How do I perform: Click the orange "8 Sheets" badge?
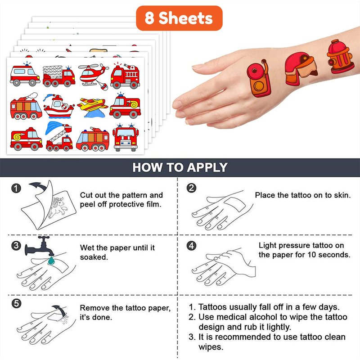tap(179, 18)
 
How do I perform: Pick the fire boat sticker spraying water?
tap(59, 106)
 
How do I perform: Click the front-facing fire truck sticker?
tap(126, 137)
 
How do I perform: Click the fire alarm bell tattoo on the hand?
tap(259, 78)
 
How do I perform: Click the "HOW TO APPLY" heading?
tap(180, 167)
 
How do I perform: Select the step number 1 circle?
tap(16, 189)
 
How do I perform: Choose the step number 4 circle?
tap(191, 246)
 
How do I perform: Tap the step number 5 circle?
tap(16, 303)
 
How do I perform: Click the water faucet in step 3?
tap(40, 247)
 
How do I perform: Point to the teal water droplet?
tap(51, 261)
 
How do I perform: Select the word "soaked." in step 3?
tap(94, 257)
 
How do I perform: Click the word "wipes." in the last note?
tap(211, 347)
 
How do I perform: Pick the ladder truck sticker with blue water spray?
tap(59, 136)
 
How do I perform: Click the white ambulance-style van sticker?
tap(25, 75)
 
